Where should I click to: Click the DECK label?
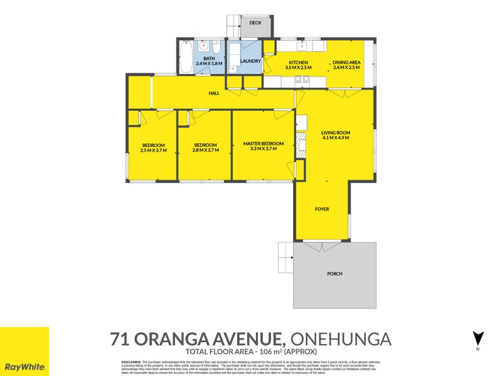[255, 23]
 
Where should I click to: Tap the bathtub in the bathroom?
[186, 58]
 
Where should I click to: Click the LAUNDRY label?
[250, 61]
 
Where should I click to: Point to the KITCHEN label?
[297, 62]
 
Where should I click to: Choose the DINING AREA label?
[346, 62]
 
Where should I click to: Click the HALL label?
[214, 93]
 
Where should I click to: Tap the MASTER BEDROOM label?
[263, 144]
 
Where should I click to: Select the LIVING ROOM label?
[335, 132]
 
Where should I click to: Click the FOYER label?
[322, 209]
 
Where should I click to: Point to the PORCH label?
[334, 274]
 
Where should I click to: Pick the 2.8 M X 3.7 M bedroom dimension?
[205, 150]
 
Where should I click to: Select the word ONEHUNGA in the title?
[339, 340]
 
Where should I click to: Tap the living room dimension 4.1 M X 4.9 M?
[335, 138]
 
